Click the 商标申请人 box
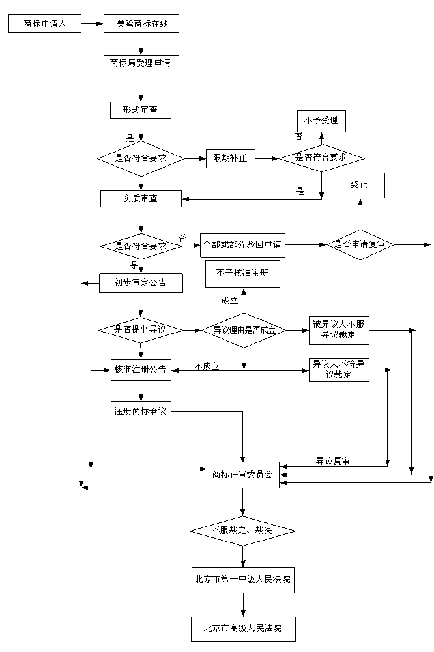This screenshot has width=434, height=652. tap(45, 23)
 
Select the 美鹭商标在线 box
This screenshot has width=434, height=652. tap(141, 23)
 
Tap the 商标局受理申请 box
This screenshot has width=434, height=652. tap(141, 63)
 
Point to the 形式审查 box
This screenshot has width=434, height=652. tap(141, 110)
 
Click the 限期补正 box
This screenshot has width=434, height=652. tap(230, 158)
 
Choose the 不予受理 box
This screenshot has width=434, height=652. tap(321, 122)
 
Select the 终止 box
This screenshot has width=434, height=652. tap(360, 185)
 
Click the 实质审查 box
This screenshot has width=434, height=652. tap(141, 198)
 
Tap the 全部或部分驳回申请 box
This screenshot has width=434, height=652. tap(242, 245)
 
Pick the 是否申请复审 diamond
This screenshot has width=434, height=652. tap(360, 244)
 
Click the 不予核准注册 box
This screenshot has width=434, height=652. tap(242, 273)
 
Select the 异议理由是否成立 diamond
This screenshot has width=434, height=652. tap(242, 330)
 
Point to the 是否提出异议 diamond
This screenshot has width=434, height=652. tap(141, 330)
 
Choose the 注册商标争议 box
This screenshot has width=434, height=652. tap(141, 411)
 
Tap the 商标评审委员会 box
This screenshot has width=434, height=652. tap(242, 474)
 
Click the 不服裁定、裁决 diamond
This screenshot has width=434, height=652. tap(242, 531)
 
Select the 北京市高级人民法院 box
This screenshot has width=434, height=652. tap(242, 629)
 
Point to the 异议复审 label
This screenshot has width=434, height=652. tap(332, 461)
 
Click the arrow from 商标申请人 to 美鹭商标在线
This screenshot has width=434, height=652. tap(93, 23)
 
